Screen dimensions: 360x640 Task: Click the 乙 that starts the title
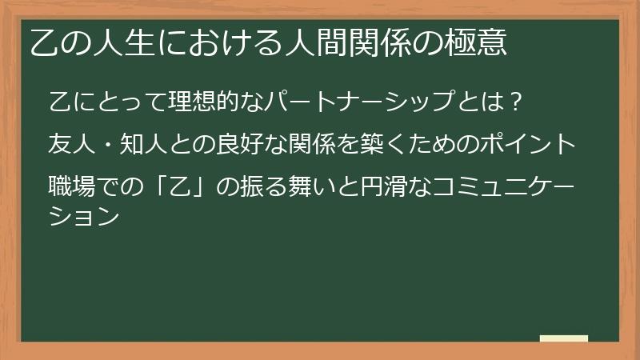[x=44, y=42]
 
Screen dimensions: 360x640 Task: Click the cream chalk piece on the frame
[x=564, y=338]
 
